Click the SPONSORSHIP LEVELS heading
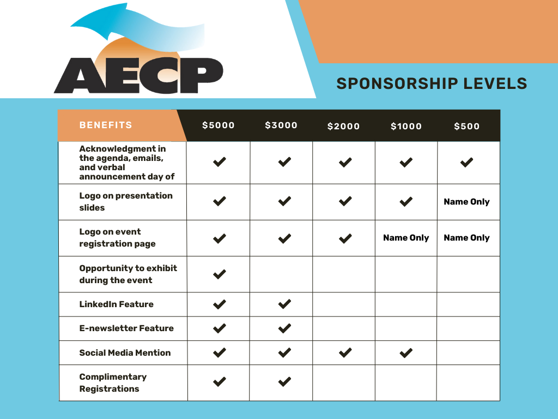432,83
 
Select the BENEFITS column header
106,125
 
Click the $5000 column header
219,125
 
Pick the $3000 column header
281,125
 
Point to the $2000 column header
344,126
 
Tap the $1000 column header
406,126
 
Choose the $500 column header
467,126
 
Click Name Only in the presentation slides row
467,202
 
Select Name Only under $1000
406,238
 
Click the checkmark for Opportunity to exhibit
220,274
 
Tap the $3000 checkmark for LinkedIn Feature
284,304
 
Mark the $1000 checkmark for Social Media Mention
406,353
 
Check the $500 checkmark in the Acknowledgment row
467,162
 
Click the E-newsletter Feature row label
126,328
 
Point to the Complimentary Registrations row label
113,383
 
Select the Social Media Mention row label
125,353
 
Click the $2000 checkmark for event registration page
345,238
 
